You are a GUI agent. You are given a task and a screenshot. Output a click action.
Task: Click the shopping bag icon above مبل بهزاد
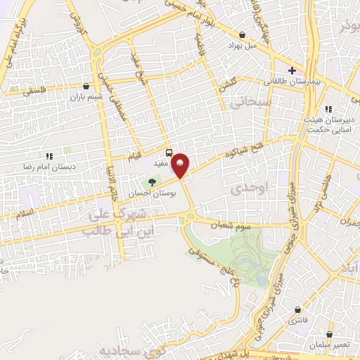[243, 34]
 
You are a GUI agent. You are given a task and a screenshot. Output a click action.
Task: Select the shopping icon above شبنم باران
[86, 86]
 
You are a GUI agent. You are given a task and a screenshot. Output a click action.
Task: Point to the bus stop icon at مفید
[169, 152]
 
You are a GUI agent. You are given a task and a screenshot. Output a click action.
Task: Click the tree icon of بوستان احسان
[152, 182]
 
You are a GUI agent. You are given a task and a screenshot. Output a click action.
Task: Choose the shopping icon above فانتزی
[301, 309]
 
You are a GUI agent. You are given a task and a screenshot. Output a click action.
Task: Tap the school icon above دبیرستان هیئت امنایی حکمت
[328, 108]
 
